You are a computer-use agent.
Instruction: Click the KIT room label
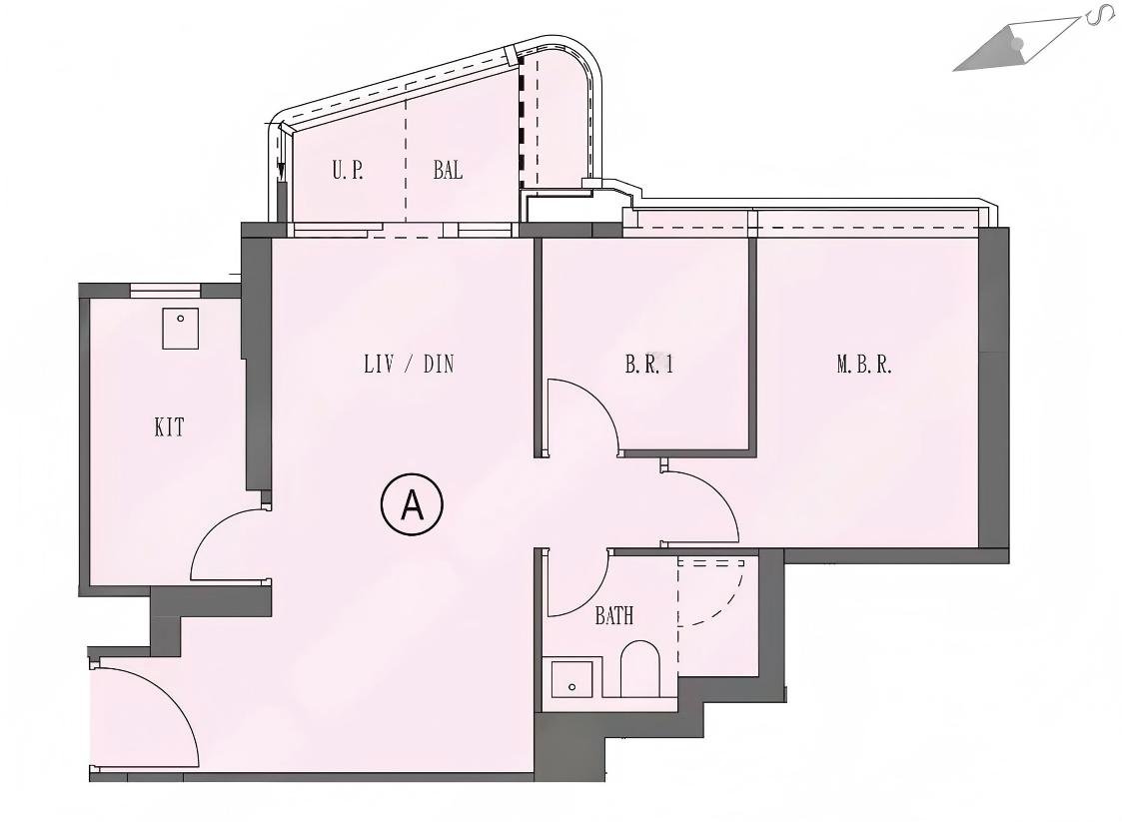coord(169,428)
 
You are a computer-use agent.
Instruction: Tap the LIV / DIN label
coord(409,365)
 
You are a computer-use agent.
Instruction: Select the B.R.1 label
coord(649,365)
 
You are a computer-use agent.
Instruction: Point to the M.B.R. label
coord(864,365)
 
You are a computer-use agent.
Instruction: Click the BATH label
coord(613,616)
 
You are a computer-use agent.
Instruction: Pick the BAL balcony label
coord(448,170)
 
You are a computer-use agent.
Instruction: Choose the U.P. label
coord(348,170)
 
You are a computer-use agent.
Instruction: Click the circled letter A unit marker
coord(411,505)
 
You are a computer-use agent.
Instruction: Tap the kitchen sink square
coord(181,328)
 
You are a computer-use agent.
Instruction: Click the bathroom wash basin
coord(572,679)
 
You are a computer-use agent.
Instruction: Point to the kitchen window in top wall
coord(166,291)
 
